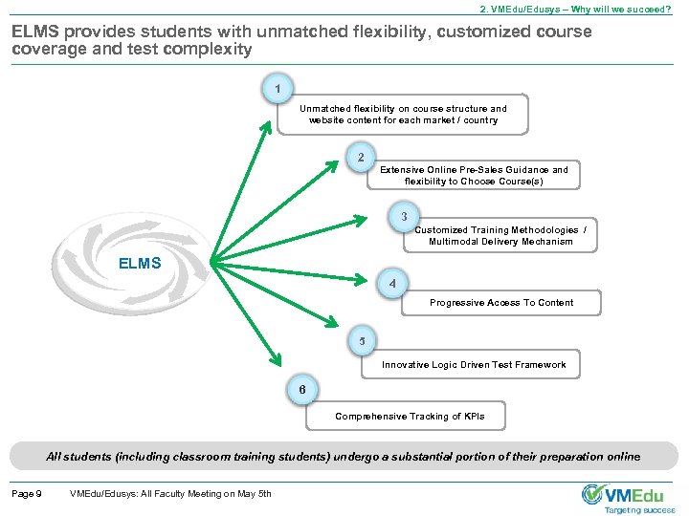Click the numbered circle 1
point(277,90)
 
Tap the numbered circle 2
point(360,157)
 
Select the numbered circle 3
point(405,216)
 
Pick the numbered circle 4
point(392,284)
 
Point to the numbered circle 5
point(362,341)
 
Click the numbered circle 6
point(302,390)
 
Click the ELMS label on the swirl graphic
point(140,263)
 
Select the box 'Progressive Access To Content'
point(501,303)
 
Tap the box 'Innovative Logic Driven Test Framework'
point(474,364)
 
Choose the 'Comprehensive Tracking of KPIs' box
point(410,417)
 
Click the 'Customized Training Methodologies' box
point(500,235)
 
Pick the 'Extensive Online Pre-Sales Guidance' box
point(474,175)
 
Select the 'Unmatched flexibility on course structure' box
point(403,115)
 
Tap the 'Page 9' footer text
point(26,493)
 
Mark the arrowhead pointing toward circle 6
point(277,359)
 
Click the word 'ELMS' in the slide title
point(37,32)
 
